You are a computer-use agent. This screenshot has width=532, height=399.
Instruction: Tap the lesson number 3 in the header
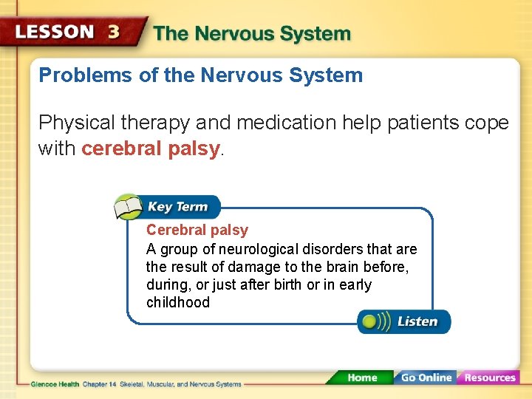115,33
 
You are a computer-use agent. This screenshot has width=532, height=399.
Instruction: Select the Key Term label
177,207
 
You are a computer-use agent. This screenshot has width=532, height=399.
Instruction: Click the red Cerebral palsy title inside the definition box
197,231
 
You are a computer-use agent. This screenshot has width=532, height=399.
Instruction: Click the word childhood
178,302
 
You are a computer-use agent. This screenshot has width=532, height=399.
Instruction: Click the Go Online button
426,378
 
